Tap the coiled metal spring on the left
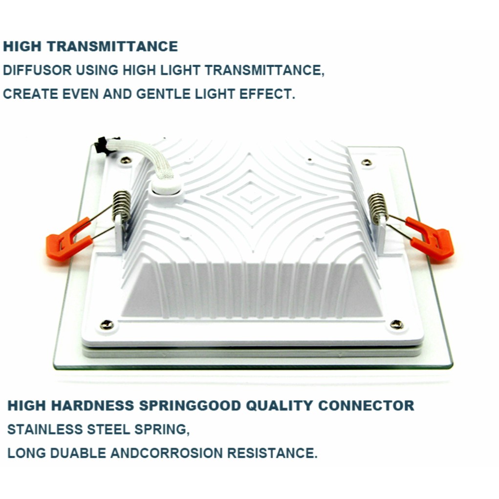[122, 206]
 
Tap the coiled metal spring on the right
[378, 209]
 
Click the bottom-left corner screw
[107, 325]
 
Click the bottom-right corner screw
[396, 325]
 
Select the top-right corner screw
[367, 162]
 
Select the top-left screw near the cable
[126, 160]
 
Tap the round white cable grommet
[166, 188]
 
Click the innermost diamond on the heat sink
[251, 196]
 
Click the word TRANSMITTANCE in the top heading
[112, 46]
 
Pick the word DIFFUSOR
[37, 70]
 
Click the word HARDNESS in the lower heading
[92, 406]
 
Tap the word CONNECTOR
[366, 406]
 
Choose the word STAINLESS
[45, 429]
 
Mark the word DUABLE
[78, 453]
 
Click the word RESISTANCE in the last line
[272, 453]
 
